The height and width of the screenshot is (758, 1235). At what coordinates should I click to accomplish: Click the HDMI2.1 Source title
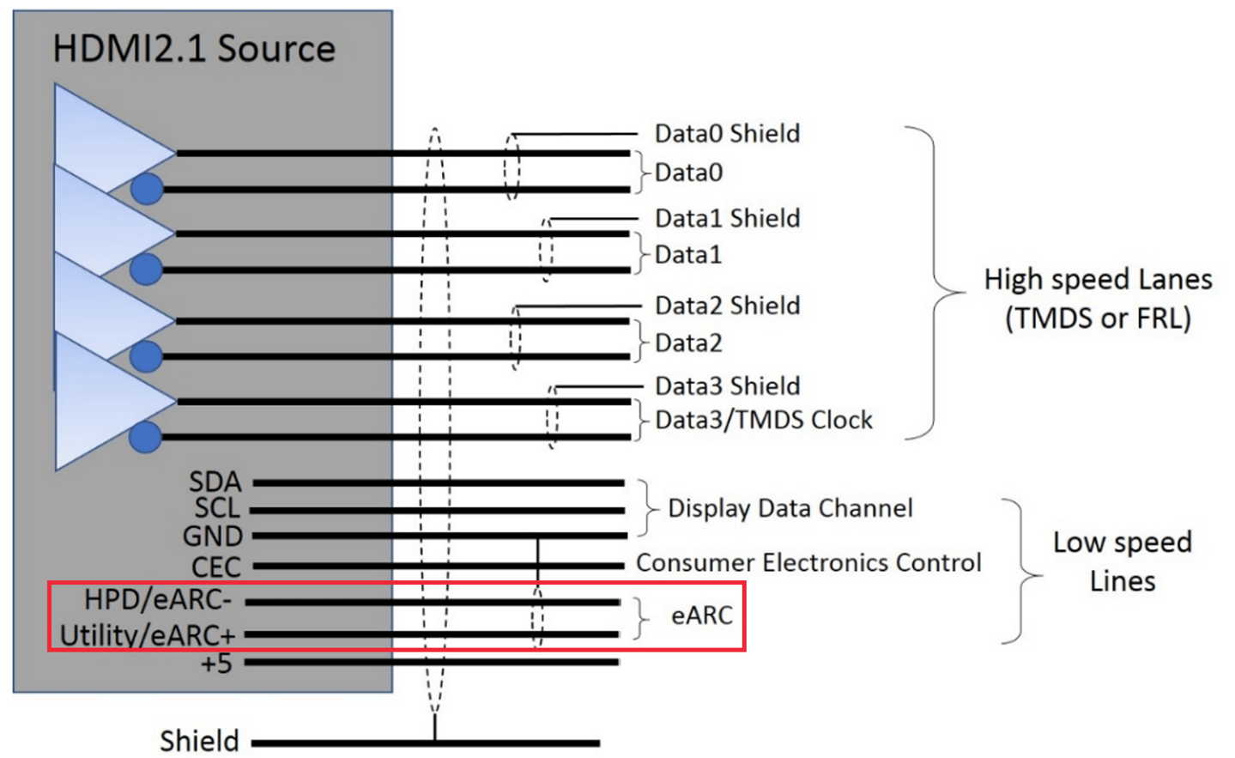pyautogui.click(x=194, y=49)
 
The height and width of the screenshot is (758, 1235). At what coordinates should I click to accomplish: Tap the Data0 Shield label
pyautogui.click(x=727, y=134)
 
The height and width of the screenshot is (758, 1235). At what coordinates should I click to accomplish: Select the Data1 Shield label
pyautogui.click(x=727, y=219)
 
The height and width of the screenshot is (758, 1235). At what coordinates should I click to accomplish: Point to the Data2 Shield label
pyautogui.click(x=727, y=306)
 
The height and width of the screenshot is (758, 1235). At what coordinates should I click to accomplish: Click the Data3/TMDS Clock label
pyautogui.click(x=763, y=420)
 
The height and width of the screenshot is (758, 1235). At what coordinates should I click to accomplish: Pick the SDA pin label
pyautogui.click(x=215, y=482)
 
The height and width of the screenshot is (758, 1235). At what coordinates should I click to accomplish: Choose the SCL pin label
pyautogui.click(x=217, y=508)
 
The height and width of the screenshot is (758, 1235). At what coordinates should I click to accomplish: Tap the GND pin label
pyautogui.click(x=213, y=537)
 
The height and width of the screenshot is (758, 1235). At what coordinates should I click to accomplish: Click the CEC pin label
pyautogui.click(x=216, y=567)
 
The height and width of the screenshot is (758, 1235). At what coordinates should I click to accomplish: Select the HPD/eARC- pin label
pyautogui.click(x=158, y=599)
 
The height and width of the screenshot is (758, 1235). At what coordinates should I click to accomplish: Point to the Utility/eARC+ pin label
pyautogui.click(x=147, y=635)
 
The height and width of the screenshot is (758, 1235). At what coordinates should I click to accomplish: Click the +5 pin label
pyautogui.click(x=216, y=664)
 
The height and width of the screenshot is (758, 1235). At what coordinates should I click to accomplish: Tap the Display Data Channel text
pyautogui.click(x=790, y=508)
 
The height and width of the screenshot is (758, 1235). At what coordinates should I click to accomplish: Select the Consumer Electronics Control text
pyautogui.click(x=808, y=563)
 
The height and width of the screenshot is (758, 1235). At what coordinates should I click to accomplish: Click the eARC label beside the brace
pyautogui.click(x=701, y=615)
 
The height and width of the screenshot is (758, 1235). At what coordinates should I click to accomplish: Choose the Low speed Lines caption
pyautogui.click(x=1122, y=561)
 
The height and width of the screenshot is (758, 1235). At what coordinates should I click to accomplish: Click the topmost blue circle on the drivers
pyautogui.click(x=147, y=189)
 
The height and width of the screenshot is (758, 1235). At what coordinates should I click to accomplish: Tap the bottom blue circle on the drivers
pyautogui.click(x=145, y=437)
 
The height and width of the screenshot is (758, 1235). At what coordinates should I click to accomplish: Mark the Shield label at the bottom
pyautogui.click(x=199, y=741)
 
